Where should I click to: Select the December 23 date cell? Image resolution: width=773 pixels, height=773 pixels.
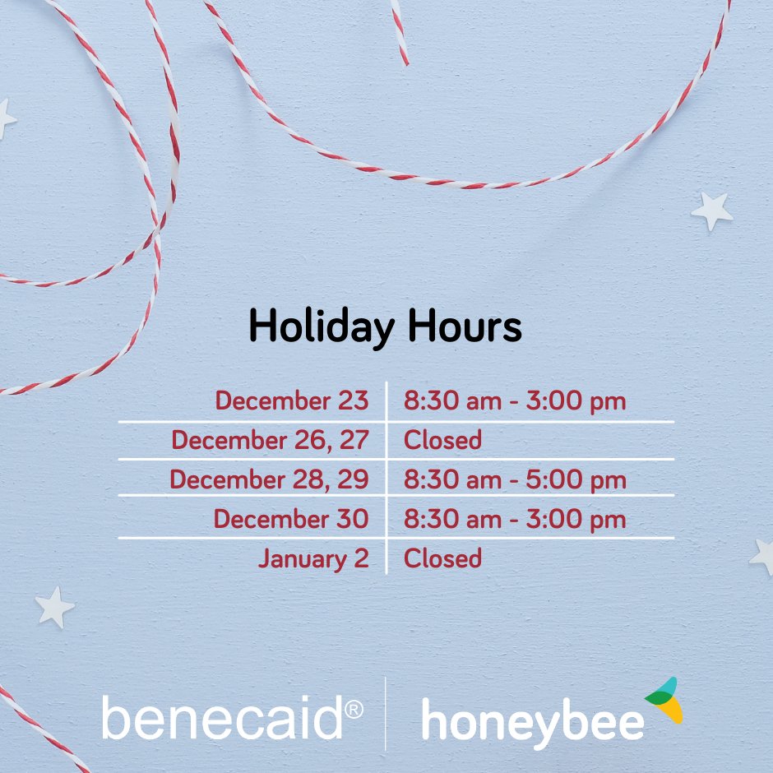pos(292,401)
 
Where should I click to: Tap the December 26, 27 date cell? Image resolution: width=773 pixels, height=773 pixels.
pos(270,440)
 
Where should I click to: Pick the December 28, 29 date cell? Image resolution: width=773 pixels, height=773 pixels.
pos(269,479)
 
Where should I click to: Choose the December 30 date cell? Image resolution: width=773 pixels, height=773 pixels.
pos(291,519)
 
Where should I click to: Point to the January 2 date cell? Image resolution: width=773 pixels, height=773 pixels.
pos(313,558)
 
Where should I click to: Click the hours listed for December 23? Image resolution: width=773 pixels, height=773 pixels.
pos(515,401)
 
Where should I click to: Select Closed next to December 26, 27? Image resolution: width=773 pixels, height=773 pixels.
pos(442,440)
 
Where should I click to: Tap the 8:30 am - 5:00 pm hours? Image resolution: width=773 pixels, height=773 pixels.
pos(515,479)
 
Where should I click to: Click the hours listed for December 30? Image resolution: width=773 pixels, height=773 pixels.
pos(515,519)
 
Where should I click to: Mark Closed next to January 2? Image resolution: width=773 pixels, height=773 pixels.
pos(442,558)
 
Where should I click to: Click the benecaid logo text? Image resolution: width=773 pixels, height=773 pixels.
pos(222,718)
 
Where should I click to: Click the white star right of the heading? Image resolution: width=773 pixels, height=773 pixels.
pos(712,211)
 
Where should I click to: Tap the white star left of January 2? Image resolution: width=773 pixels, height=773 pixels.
pos(55,607)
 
